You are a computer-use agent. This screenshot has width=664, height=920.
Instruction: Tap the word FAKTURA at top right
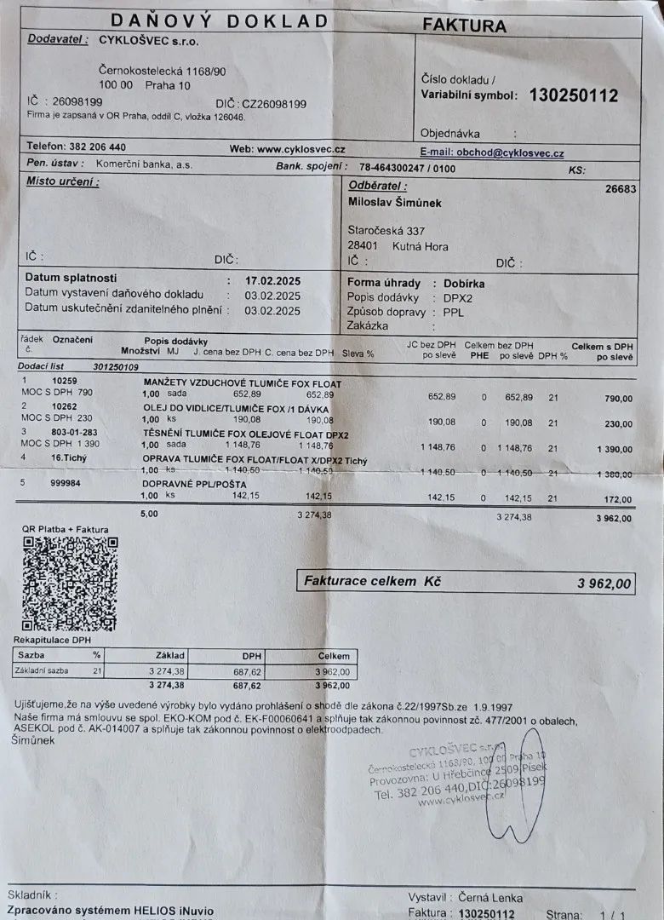[x=464, y=26]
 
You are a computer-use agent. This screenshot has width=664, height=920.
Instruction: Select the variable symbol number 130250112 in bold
[x=573, y=95]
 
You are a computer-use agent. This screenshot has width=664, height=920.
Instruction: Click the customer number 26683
[x=620, y=189]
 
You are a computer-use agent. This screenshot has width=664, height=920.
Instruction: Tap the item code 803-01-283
[x=76, y=433]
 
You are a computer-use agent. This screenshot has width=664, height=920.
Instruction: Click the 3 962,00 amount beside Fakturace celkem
[x=604, y=584]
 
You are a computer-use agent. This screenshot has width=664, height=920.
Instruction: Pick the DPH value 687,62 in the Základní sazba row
[x=246, y=672]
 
